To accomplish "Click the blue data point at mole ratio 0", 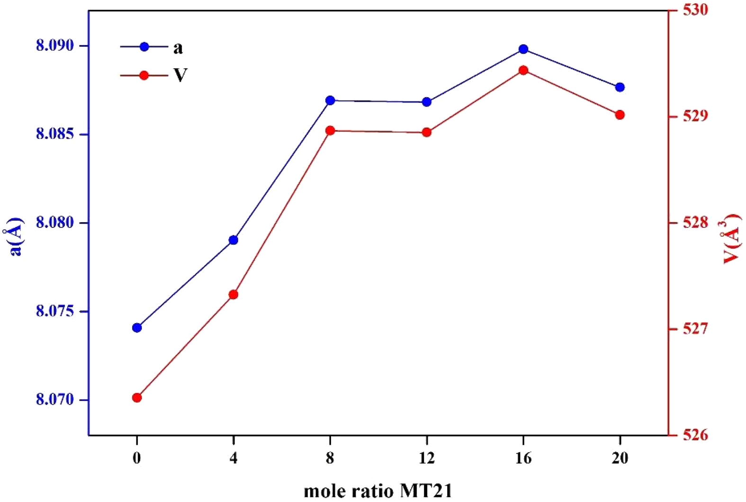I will pyautogui.click(x=137, y=328).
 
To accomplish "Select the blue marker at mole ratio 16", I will pyautogui.click(x=523, y=49).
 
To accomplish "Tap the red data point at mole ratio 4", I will pyautogui.click(x=234, y=295).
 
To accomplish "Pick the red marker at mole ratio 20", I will pyautogui.click(x=620, y=115).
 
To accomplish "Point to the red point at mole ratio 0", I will pyautogui.click(x=137, y=398).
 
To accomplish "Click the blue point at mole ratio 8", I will pyautogui.click(x=330, y=100).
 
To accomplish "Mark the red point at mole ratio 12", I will pyautogui.click(x=427, y=132).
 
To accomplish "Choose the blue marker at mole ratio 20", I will pyautogui.click(x=620, y=87).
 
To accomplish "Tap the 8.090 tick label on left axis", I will pyautogui.click(x=55, y=46).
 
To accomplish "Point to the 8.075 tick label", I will pyautogui.click(x=55, y=312).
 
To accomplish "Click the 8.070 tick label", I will pyautogui.click(x=55, y=400).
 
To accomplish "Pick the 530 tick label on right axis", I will pyautogui.click(x=695, y=10).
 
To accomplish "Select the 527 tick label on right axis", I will pyautogui.click(x=695, y=329).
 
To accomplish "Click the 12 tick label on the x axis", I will pyautogui.click(x=427, y=458).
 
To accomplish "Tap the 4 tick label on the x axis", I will pyautogui.click(x=234, y=458).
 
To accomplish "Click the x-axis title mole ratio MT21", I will pyautogui.click(x=378, y=491).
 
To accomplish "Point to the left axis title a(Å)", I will pyautogui.click(x=17, y=236).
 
